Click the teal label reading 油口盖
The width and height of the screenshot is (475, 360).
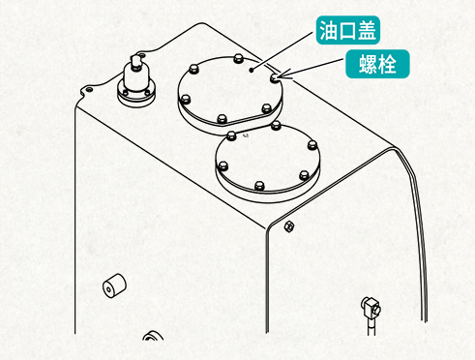[347, 31]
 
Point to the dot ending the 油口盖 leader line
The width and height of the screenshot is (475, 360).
[251, 70]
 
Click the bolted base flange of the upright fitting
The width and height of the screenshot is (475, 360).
[135, 93]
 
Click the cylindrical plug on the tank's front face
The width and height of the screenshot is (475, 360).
[112, 287]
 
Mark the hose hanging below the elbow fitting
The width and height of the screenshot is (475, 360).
[370, 339]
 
